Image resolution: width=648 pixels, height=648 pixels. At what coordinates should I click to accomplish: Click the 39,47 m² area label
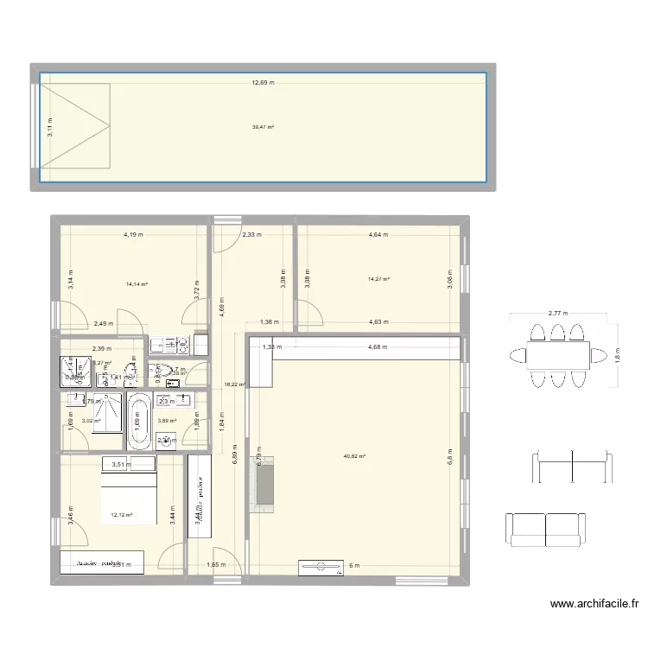click(263, 127)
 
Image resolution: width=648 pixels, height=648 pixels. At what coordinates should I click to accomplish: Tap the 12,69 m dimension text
click(263, 83)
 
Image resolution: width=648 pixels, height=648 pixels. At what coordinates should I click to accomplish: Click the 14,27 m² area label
click(379, 279)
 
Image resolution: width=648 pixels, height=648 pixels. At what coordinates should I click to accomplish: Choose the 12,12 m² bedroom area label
click(121, 515)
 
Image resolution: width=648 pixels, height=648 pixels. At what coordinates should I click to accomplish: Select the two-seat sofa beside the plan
click(544, 529)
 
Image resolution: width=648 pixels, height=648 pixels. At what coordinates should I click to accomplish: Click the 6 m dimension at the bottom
click(353, 565)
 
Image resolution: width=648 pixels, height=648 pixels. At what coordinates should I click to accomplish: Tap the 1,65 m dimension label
click(217, 565)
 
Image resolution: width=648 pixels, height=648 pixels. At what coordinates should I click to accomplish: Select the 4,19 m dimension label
click(132, 234)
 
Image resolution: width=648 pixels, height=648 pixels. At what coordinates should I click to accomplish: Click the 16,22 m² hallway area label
click(235, 384)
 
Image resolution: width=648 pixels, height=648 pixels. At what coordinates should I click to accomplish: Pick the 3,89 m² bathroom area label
click(167, 422)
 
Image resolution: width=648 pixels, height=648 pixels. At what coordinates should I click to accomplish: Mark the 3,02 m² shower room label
click(91, 422)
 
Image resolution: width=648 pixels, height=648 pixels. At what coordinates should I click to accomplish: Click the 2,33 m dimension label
click(251, 234)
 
